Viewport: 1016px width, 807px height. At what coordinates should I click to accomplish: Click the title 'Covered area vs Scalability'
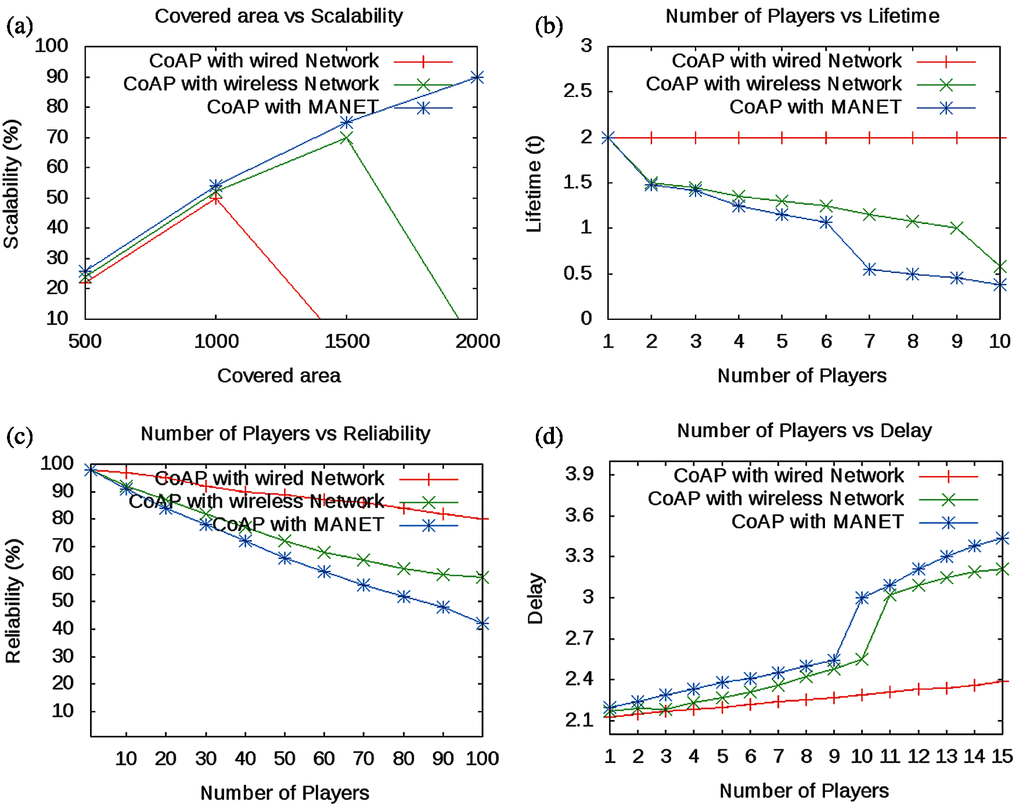coord(279,16)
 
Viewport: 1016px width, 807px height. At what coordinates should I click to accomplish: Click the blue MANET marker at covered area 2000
coord(477,77)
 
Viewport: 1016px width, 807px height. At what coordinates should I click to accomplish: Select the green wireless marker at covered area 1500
coord(347,138)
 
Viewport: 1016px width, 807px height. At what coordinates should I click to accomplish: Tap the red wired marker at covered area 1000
coord(216,198)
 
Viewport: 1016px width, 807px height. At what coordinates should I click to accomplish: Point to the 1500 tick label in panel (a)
coord(347,341)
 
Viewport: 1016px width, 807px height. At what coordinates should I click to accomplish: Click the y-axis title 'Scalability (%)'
coord(12,184)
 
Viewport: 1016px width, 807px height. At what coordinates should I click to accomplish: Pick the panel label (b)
coord(549,27)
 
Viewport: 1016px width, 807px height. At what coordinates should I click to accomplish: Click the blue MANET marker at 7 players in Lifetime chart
coord(869,269)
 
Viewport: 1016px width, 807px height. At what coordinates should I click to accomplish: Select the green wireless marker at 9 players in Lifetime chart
coord(956,228)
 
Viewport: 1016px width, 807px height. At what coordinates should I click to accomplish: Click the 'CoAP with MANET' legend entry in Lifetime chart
coord(815,107)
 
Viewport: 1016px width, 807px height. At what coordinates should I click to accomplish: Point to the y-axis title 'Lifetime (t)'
coord(534,184)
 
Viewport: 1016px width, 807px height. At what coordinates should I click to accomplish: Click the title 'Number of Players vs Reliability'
coord(285,434)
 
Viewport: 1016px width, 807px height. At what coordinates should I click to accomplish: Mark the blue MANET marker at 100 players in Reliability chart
coord(482,624)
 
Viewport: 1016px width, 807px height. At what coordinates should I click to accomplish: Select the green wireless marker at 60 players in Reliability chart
coord(324,552)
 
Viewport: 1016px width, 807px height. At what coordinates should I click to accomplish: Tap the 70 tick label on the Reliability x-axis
coord(363,758)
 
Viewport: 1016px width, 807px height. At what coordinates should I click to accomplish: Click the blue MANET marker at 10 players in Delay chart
coord(862,598)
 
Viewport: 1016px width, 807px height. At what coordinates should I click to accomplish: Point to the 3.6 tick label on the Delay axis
coord(579,516)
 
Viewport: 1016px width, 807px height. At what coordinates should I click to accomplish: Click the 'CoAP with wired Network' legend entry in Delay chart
coord(788,476)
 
